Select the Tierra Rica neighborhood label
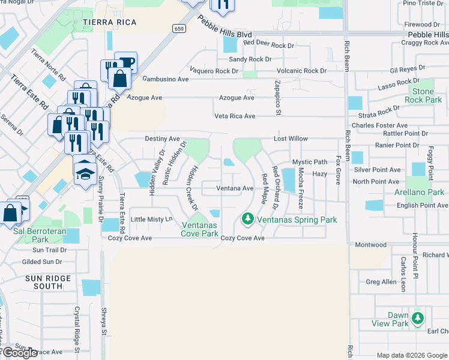coord(110,22)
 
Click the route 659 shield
coord(178,28)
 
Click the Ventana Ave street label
coord(235,188)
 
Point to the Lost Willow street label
coord(291,139)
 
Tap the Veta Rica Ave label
coord(235,116)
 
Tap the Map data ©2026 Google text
coord(412,355)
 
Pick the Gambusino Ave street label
coord(166,79)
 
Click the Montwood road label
coord(371,245)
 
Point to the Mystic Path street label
coord(310,162)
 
